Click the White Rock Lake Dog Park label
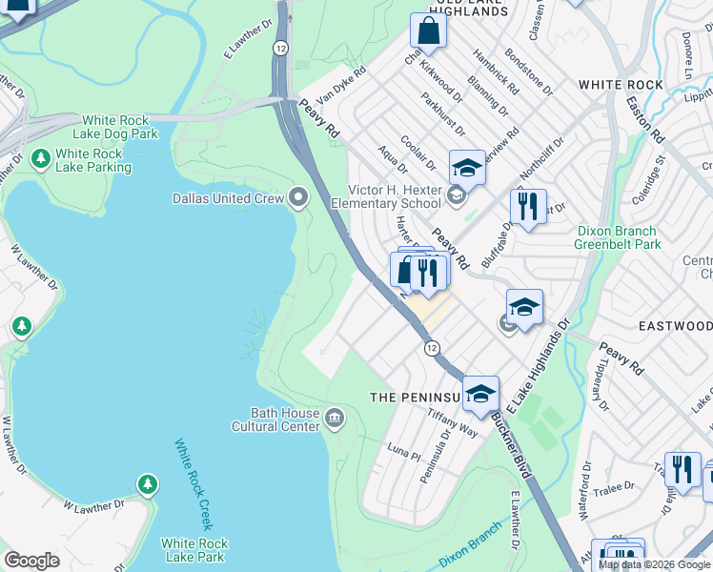point(119,128)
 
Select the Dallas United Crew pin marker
point(300,198)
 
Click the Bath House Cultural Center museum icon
point(335,416)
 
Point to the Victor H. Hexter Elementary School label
point(386,196)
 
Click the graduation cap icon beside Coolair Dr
point(467,169)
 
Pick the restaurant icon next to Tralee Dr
point(682,469)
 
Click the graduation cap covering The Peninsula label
point(480,393)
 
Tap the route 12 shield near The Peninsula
point(432,349)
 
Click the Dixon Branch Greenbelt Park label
point(618,237)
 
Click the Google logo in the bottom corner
point(31,561)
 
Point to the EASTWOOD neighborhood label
point(675,325)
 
